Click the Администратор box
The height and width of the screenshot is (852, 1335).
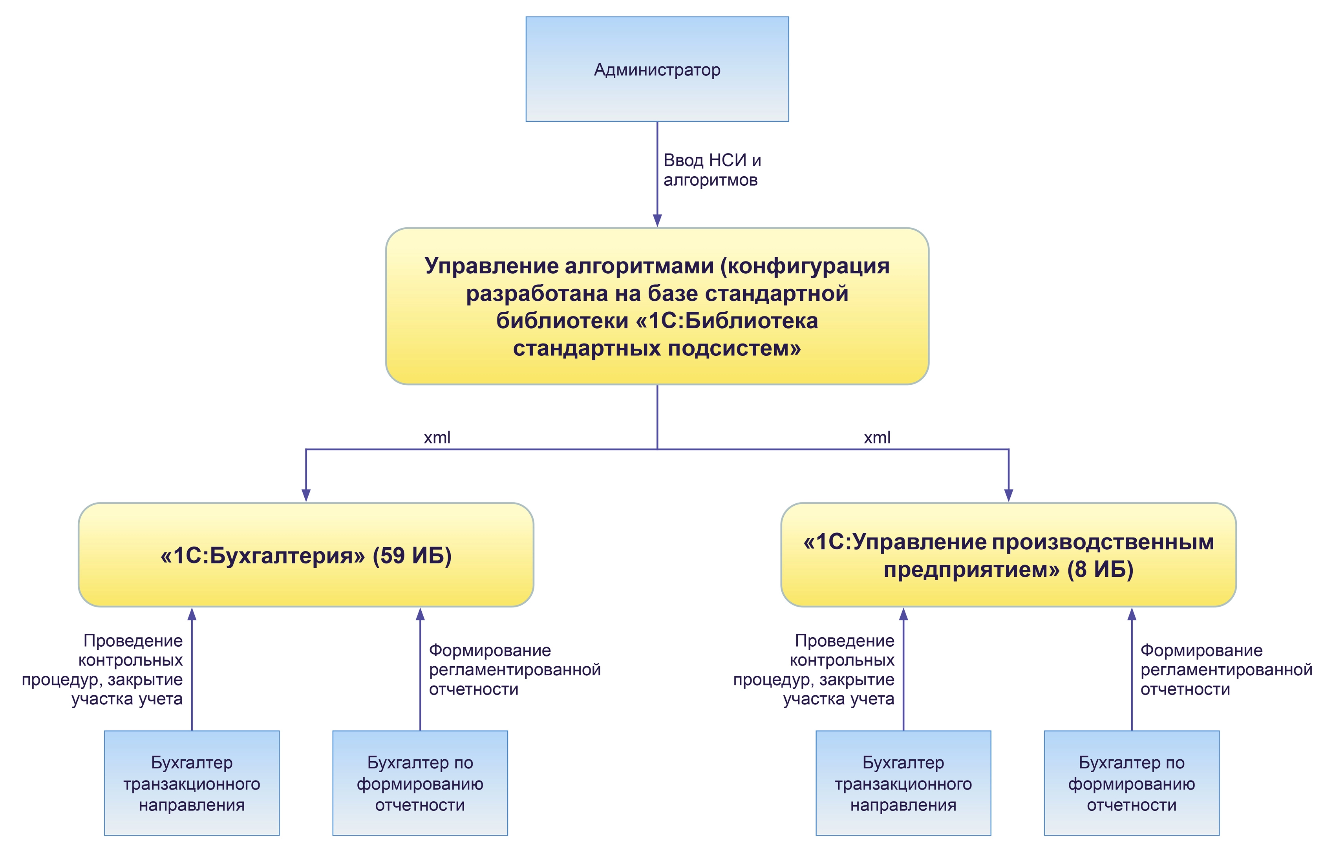coord(657,69)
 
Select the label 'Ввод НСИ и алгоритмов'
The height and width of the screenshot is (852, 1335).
coord(711,170)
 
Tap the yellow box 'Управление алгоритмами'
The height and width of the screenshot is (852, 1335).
coord(657,306)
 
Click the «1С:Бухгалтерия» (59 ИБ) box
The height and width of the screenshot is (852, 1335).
coord(305,555)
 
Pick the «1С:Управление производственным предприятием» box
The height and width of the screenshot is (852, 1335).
coord(1008,555)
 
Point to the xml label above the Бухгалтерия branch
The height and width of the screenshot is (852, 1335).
coord(437,438)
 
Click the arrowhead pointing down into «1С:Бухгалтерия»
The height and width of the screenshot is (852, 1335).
coord(306,495)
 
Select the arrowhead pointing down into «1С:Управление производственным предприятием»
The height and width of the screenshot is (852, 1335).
coord(1008,495)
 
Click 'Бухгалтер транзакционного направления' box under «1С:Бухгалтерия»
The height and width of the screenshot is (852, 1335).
coord(192,783)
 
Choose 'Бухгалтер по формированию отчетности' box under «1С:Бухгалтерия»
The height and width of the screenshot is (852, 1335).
coord(420,783)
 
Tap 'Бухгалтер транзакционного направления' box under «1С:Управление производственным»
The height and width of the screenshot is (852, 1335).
coord(903,783)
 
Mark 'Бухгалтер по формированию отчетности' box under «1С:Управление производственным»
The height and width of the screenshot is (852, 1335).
coord(1132,783)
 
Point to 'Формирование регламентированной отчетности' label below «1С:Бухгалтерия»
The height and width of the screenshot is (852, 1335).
coord(514,670)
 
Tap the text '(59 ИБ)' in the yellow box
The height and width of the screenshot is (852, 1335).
coord(412,556)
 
